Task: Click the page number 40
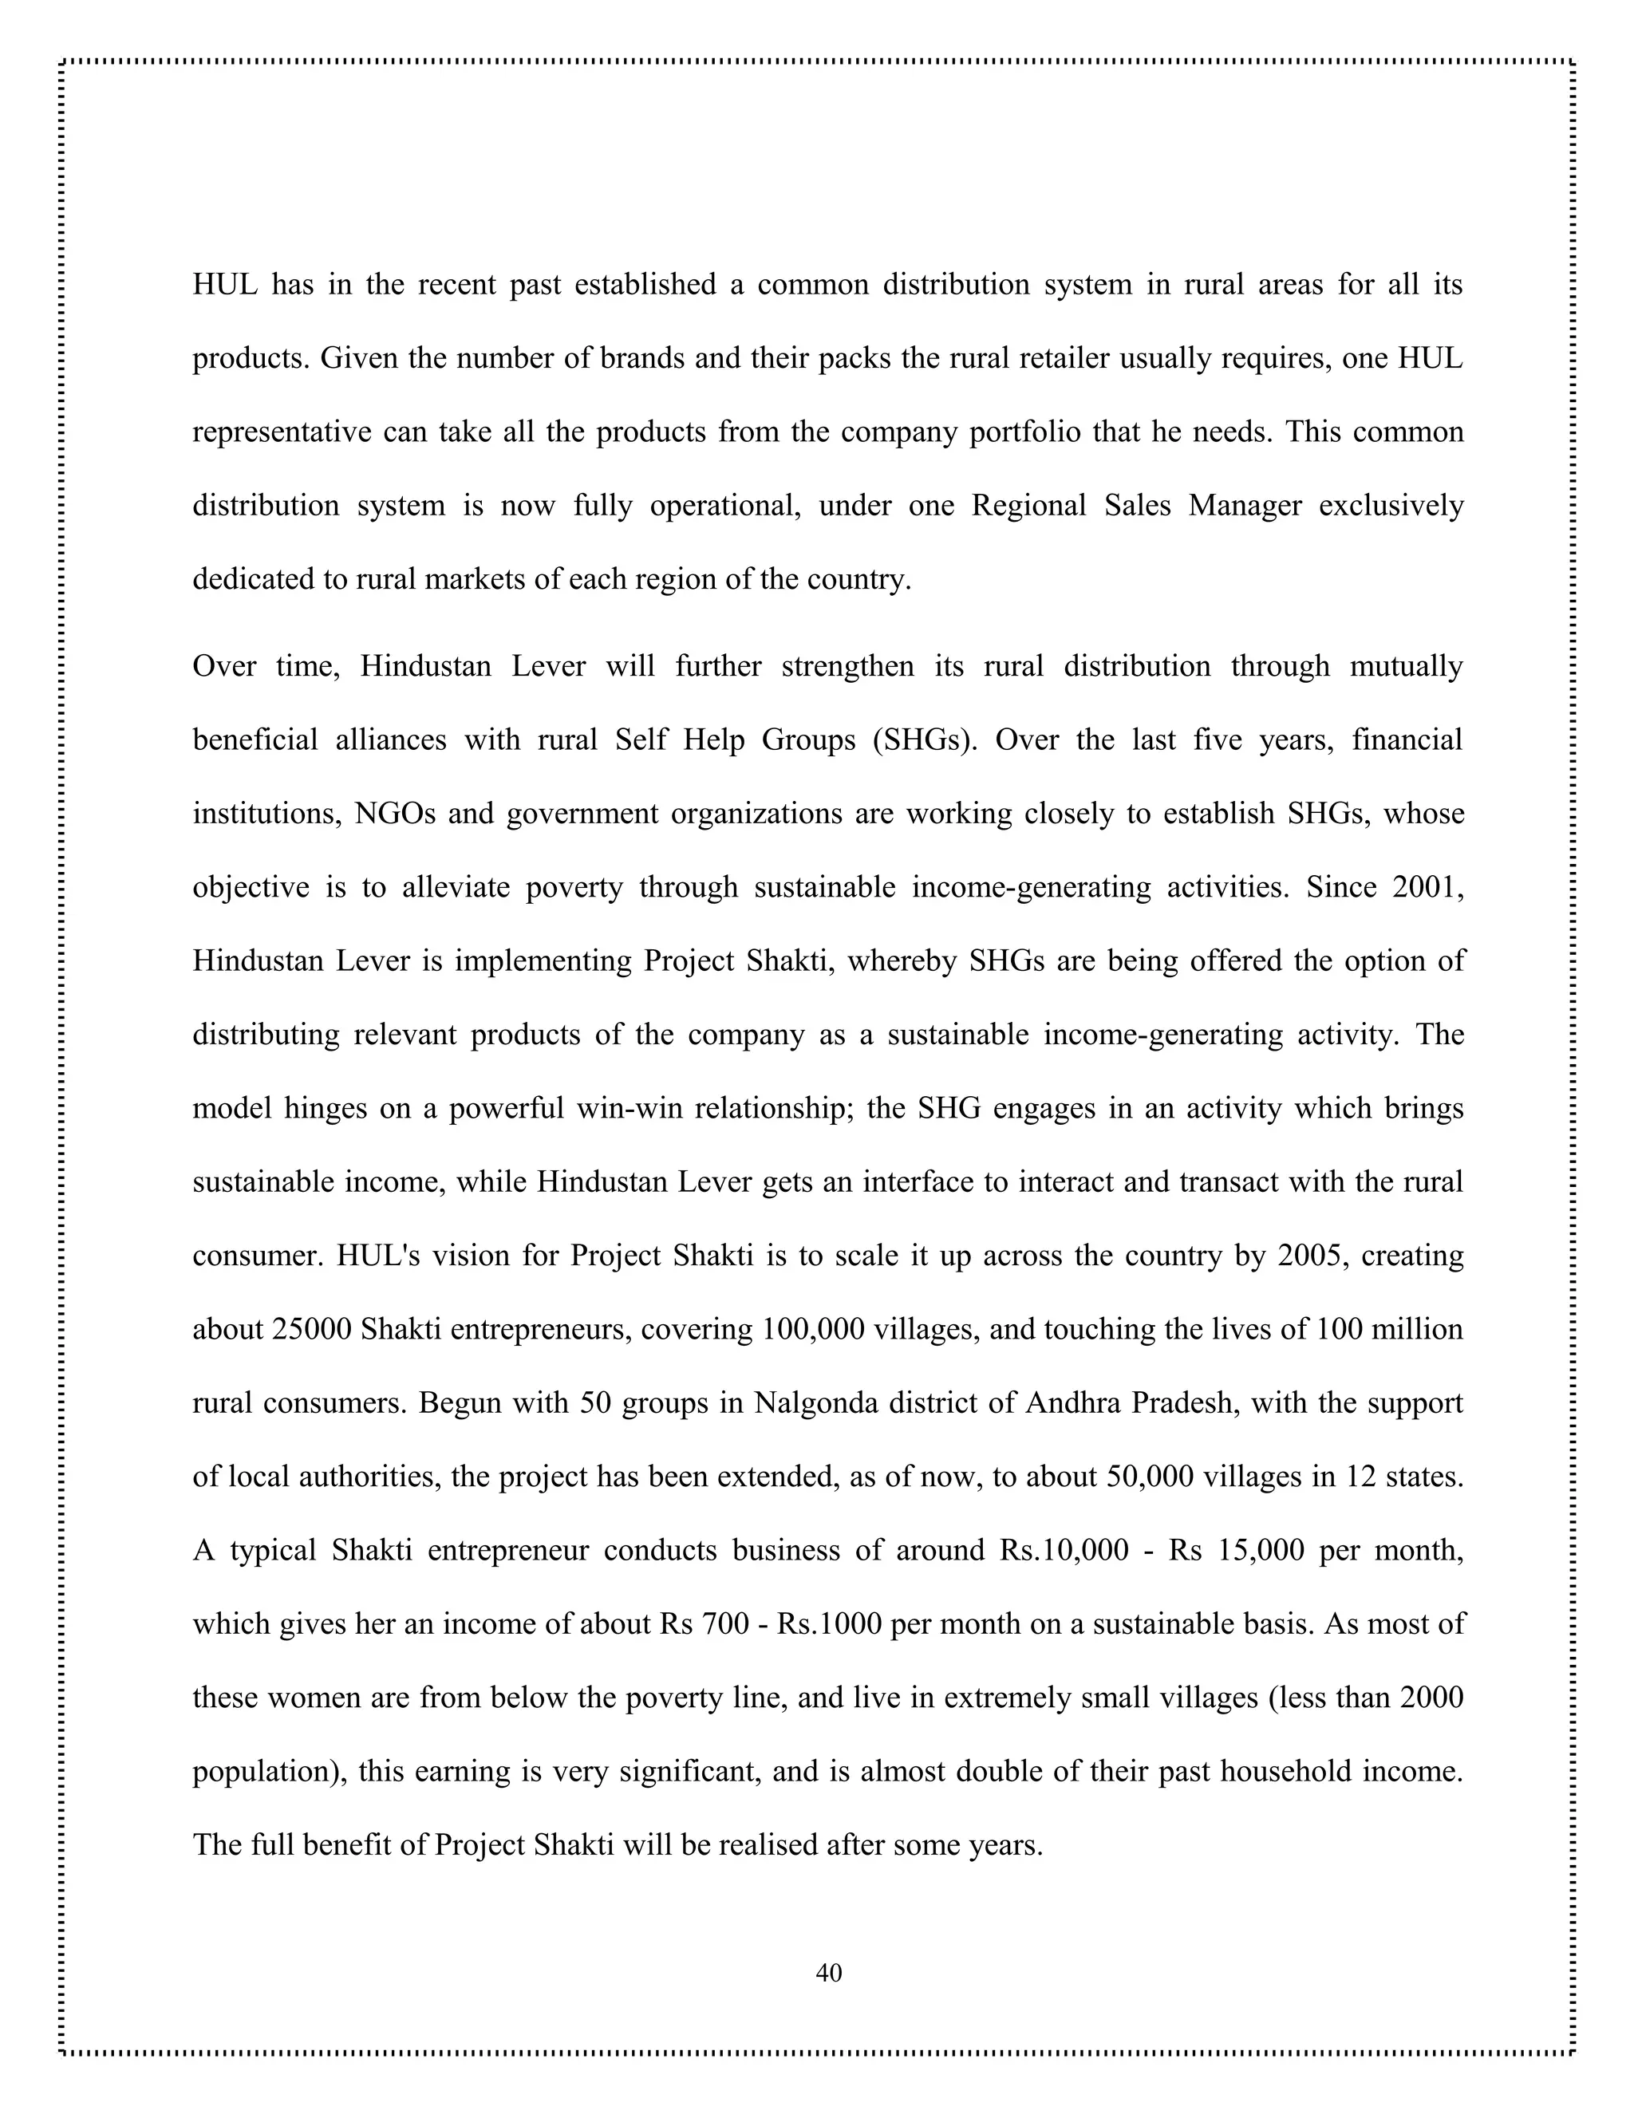coord(829,1972)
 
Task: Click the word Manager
coord(1244,505)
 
